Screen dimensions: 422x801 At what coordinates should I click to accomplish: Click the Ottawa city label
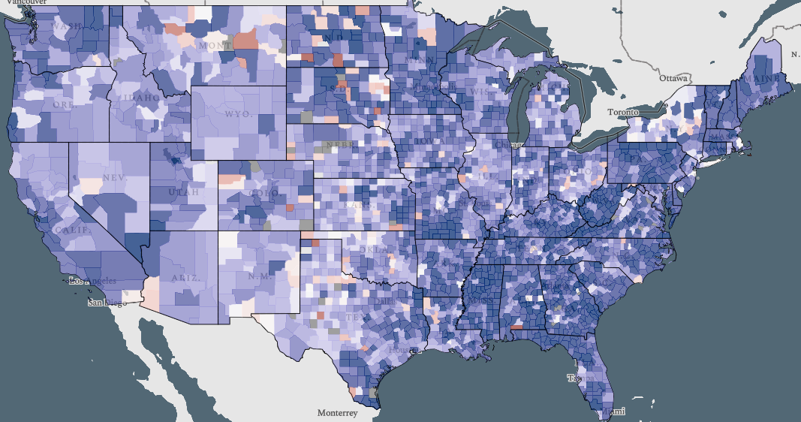pos(673,78)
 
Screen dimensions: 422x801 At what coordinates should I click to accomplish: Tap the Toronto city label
pos(623,112)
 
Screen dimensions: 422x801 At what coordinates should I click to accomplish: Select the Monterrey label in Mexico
pos(337,413)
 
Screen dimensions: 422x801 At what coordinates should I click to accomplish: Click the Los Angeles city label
pos(93,280)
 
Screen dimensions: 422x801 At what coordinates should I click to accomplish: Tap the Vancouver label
pos(18,3)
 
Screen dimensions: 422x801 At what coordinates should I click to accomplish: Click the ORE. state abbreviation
pos(64,105)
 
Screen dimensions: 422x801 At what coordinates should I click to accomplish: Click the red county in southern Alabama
pos(516,327)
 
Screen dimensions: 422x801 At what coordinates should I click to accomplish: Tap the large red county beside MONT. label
pos(246,40)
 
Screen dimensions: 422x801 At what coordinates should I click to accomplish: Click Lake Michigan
pos(517,105)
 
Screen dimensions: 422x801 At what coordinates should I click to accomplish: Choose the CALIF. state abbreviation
pos(73,229)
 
